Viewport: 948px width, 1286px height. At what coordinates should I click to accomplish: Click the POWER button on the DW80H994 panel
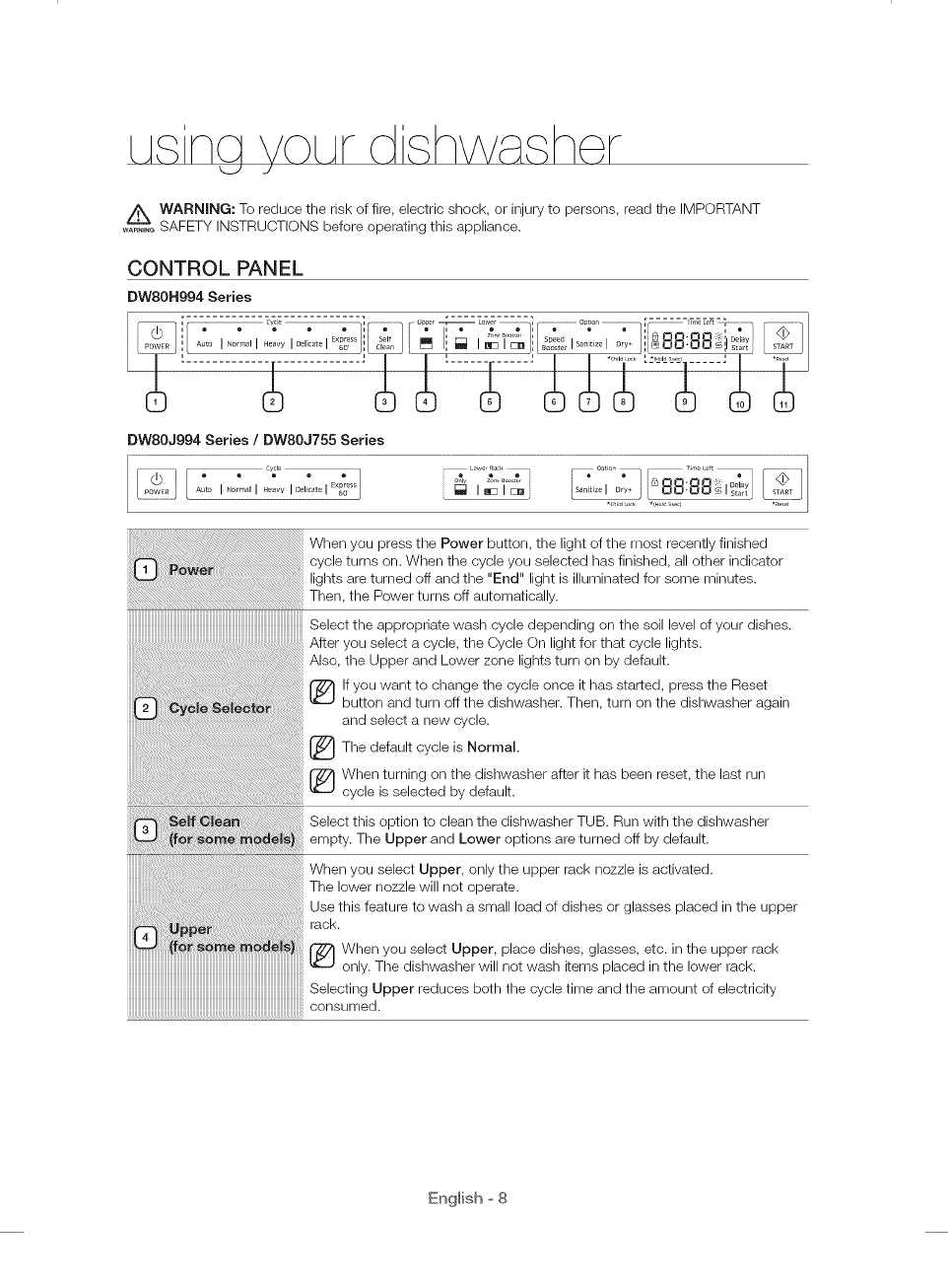pos(157,337)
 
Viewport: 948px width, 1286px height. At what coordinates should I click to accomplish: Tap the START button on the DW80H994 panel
pos(782,337)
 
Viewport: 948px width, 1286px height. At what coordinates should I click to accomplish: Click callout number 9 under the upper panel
pos(685,401)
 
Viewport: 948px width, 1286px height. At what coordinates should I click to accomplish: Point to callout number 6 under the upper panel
pos(555,401)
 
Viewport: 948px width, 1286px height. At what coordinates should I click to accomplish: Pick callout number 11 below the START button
pos(783,401)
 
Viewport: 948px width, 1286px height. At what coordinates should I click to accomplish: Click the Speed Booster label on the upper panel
pos(555,343)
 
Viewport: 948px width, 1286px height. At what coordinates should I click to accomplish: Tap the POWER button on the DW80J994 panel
pos(157,483)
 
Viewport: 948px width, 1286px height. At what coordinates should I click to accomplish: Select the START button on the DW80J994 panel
pos(782,483)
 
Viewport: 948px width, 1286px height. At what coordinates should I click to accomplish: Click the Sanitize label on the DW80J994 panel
pos(587,489)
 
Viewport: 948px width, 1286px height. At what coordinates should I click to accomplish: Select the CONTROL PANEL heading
pos(215,268)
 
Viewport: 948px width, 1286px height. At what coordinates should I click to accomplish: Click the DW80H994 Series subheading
pos(189,297)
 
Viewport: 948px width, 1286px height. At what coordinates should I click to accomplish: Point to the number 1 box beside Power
pos(145,569)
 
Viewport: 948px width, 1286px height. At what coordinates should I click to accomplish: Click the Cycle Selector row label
pos(219,708)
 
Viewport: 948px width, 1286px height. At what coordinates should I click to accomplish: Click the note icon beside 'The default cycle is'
pos(321,747)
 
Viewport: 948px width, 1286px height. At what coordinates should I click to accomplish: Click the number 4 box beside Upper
pos(145,938)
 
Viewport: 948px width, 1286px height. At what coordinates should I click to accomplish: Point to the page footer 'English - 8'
pos(468,1198)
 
